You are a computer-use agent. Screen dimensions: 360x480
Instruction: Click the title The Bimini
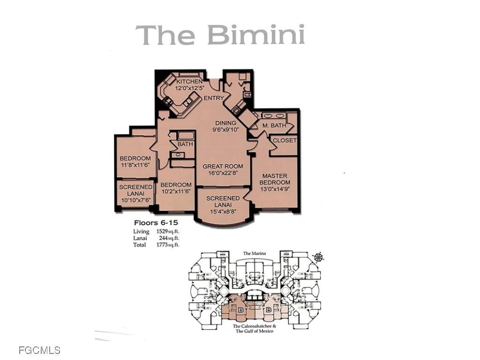pyautogui.click(x=220, y=35)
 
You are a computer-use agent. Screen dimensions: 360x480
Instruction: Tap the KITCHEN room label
pyautogui.click(x=189, y=82)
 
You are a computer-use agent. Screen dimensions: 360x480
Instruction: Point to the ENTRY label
pyautogui.click(x=213, y=98)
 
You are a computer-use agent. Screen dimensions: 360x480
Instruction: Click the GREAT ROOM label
pyautogui.click(x=223, y=166)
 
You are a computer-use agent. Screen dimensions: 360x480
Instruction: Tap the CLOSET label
pyautogui.click(x=285, y=141)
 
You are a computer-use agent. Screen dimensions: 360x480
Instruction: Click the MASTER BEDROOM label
pyautogui.click(x=275, y=179)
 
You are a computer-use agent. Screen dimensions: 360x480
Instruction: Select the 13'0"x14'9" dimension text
pyautogui.click(x=275, y=189)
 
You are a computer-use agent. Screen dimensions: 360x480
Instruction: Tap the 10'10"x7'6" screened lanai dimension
pyautogui.click(x=135, y=200)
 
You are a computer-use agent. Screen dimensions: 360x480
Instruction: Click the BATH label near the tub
pyautogui.click(x=185, y=144)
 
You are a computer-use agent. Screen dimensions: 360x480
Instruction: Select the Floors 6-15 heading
pyautogui.click(x=153, y=223)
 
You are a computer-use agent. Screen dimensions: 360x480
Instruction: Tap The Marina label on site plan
pyautogui.click(x=255, y=254)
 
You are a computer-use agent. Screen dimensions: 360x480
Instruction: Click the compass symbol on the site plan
pyautogui.click(x=319, y=257)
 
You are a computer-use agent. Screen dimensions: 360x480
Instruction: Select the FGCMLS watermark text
pyautogui.click(x=39, y=350)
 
